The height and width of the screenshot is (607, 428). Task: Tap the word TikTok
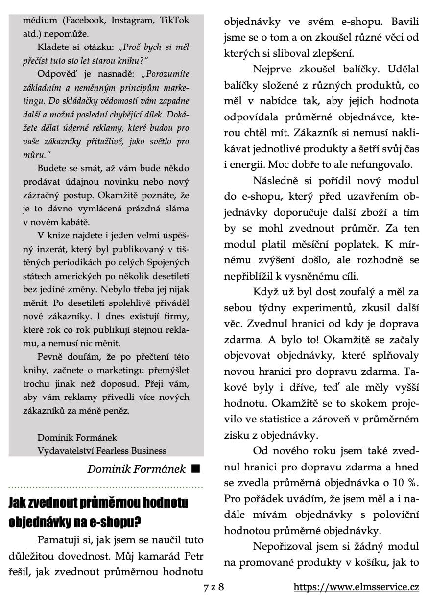click(173, 21)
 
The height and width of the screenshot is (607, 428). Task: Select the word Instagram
click(131, 21)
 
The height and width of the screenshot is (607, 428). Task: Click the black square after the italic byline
click(196, 468)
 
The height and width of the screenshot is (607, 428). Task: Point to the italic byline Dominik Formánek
click(137, 469)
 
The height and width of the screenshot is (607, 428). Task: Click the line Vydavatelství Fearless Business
click(102, 451)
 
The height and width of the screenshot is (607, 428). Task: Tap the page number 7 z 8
click(214, 587)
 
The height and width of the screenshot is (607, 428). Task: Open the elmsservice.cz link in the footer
click(356, 587)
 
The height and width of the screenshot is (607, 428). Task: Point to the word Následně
click(275, 181)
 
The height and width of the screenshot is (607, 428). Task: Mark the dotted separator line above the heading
click(106, 488)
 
